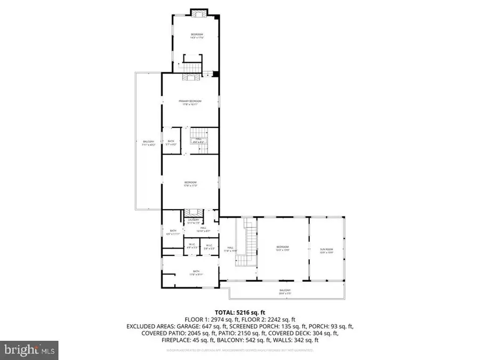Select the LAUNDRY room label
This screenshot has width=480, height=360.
tap(193, 220)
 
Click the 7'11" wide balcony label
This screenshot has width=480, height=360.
tap(148, 142)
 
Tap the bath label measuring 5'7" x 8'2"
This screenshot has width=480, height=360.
tap(171, 142)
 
